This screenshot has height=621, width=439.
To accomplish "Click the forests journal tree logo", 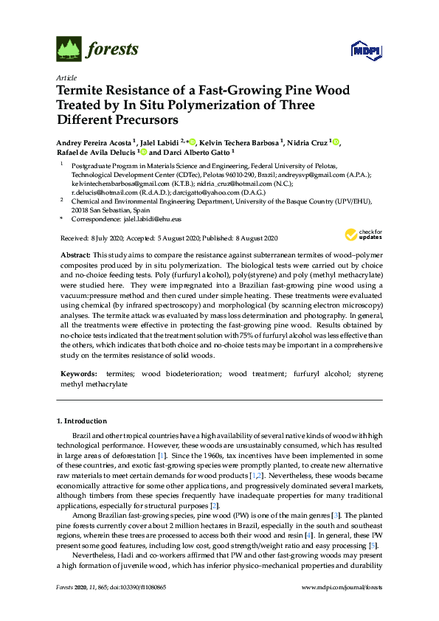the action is (x=68, y=49).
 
